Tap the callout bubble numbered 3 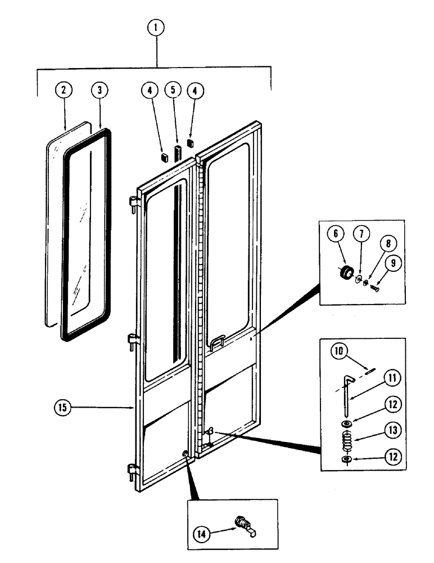pyautogui.click(x=100, y=90)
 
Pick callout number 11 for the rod pyautogui.click(x=393, y=377)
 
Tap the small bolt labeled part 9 pyautogui.click(x=376, y=288)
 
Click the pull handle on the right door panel pyautogui.click(x=218, y=342)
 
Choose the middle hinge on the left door pyautogui.click(x=133, y=341)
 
